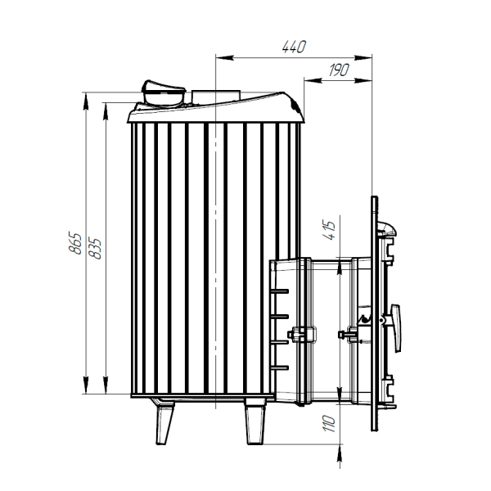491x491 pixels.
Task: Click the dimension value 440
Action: point(294,47)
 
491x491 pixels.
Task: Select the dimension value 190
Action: point(339,70)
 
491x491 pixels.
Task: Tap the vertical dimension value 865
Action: point(75,243)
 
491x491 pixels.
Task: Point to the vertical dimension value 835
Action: point(95,249)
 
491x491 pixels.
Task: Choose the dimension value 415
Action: point(331,230)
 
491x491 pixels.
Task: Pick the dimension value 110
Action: point(329,424)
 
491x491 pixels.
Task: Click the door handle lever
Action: point(395,327)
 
